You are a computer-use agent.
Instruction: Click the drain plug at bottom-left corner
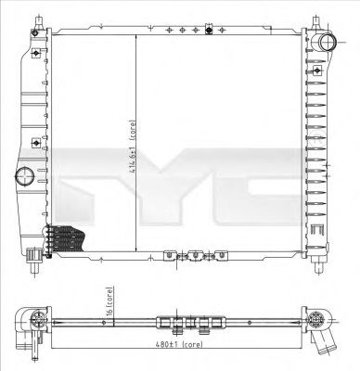coord(32,252)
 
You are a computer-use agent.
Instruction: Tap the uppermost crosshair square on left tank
coord(36,53)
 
